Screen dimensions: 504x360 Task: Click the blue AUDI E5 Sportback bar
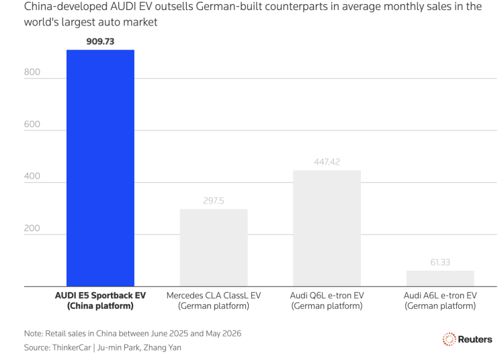pyautogui.click(x=100, y=168)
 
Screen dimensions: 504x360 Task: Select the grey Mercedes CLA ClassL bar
pyautogui.click(x=214, y=248)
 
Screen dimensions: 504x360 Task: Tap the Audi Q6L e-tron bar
pyautogui.click(x=327, y=228)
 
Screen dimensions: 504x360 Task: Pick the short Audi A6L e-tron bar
pyautogui.click(x=440, y=279)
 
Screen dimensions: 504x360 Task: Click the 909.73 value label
pyautogui.click(x=100, y=42)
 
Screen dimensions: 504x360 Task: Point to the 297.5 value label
pyautogui.click(x=214, y=201)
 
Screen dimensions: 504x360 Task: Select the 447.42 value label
pyautogui.click(x=327, y=162)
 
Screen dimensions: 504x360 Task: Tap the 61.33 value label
pyautogui.click(x=440, y=263)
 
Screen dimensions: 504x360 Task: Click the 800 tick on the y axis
pyautogui.click(x=32, y=72)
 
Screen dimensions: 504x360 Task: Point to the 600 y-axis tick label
pyautogui.click(x=32, y=124)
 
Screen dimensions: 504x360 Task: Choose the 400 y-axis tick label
pyautogui.click(x=32, y=176)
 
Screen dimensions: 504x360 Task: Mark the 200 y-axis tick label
pyautogui.click(x=32, y=228)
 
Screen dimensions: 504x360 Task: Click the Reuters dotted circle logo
pyautogui.click(x=449, y=339)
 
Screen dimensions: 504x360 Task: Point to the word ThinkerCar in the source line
pyautogui.click(x=72, y=347)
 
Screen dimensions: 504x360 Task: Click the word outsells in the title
pyautogui.click(x=174, y=7)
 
